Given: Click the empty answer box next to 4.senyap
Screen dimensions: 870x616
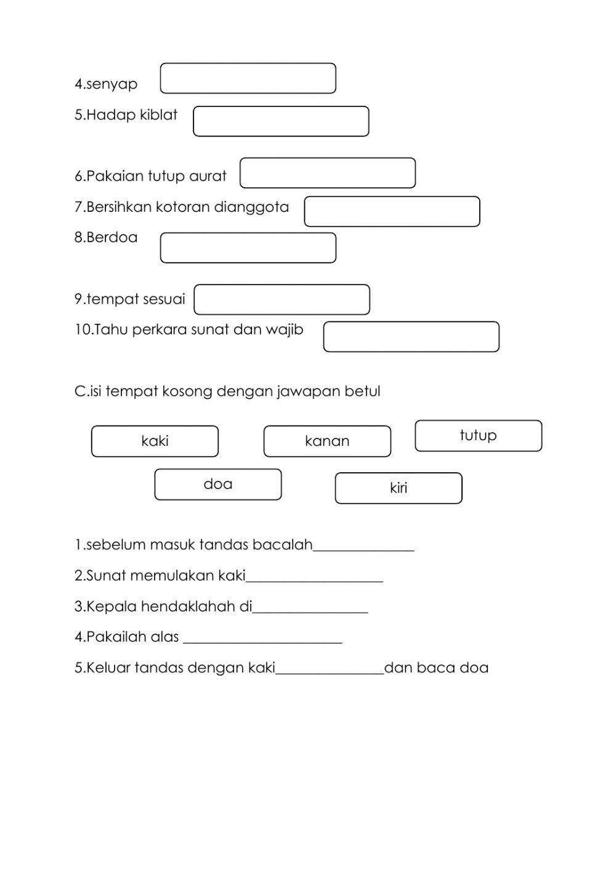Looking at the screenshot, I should click(x=248, y=78).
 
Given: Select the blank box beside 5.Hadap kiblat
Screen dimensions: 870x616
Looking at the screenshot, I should click(x=281, y=121).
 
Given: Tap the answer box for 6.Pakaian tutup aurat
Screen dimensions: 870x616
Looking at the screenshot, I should click(x=327, y=173).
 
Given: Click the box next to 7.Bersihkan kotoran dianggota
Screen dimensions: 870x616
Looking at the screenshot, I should click(x=392, y=211).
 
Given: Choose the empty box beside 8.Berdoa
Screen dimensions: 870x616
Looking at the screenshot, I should click(x=248, y=248).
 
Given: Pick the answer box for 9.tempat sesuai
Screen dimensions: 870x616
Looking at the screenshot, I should click(x=282, y=299).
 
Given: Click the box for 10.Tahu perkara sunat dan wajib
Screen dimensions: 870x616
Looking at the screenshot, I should click(x=411, y=337).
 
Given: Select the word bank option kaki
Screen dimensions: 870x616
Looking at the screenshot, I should click(x=155, y=441).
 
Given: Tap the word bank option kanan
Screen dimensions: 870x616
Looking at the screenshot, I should click(x=327, y=441).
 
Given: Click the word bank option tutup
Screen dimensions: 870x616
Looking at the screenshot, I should click(x=478, y=435).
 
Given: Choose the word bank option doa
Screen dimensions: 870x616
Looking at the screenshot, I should click(x=217, y=484).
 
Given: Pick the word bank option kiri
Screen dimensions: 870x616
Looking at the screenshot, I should click(x=398, y=488).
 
